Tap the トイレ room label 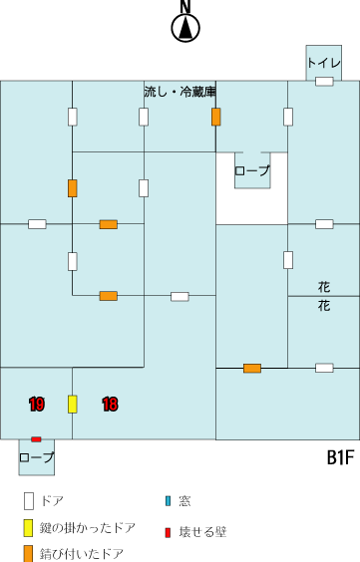click(324, 63)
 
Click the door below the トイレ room click(324, 82)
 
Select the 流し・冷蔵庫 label click(180, 92)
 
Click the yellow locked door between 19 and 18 click(73, 405)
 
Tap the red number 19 click(37, 405)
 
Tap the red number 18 click(110, 405)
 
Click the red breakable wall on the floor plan click(36, 439)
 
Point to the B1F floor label click(340, 457)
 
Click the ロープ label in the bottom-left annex click(36, 457)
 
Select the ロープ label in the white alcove click(252, 170)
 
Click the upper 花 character click(324, 287)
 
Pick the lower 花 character click(324, 306)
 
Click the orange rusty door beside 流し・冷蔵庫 click(215, 117)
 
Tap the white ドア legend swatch click(29, 500)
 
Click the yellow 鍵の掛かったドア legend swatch click(29, 528)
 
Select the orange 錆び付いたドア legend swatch click(29, 554)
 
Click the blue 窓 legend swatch click(168, 500)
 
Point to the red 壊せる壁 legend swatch click(168, 532)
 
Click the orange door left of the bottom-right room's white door click(252, 368)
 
